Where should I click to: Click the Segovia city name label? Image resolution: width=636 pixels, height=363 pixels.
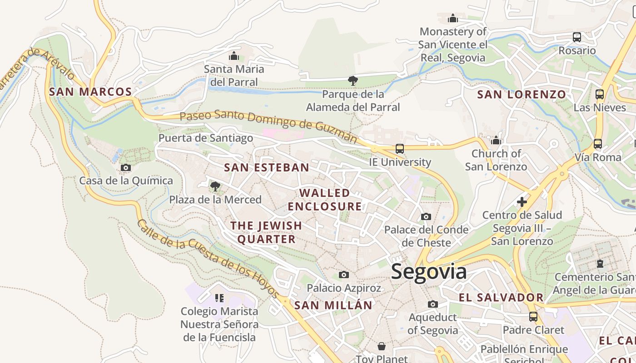click(x=428, y=271)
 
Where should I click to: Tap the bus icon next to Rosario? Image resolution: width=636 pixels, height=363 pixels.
click(x=576, y=37)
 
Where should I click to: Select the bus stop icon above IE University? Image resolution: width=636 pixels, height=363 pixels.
click(x=399, y=148)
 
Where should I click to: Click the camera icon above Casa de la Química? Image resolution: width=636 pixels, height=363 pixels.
click(x=126, y=168)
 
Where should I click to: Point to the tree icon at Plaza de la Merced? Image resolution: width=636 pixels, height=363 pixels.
click(x=215, y=186)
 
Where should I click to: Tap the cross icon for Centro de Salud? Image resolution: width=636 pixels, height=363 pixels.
click(x=522, y=201)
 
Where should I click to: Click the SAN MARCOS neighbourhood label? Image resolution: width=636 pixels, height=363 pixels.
click(x=90, y=92)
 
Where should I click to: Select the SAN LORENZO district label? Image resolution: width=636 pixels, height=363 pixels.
click(x=522, y=94)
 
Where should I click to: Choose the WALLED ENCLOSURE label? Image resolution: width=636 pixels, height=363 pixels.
click(x=325, y=200)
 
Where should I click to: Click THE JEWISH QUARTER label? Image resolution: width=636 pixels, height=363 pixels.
click(x=266, y=232)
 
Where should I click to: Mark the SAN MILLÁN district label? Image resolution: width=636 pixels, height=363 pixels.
click(x=333, y=305)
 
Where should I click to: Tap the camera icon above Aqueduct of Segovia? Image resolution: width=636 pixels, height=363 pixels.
click(x=432, y=304)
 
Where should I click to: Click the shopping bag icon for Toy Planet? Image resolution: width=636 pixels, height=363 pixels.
click(x=382, y=347)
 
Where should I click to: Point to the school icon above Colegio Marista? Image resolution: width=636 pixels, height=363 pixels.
click(x=219, y=298)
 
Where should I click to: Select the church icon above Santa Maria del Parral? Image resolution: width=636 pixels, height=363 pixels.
click(x=234, y=56)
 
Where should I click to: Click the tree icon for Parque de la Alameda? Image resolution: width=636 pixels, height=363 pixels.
click(x=353, y=81)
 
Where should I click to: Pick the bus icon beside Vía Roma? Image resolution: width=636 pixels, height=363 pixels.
click(x=597, y=144)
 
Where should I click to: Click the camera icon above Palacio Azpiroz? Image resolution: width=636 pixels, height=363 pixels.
click(x=344, y=275)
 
